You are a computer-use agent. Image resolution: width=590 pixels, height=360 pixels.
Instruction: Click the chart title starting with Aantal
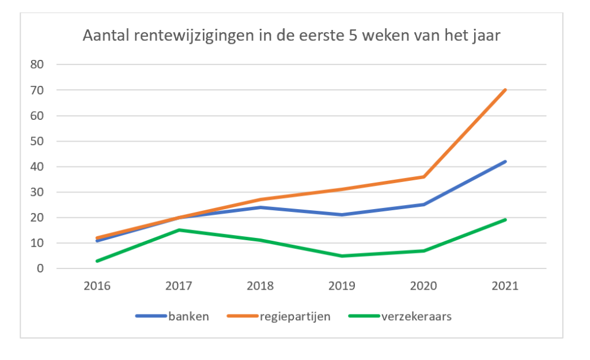click(x=292, y=36)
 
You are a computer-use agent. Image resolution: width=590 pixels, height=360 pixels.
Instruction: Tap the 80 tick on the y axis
click(x=38, y=65)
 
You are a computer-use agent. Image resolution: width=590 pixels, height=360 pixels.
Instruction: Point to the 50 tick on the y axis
click(x=38, y=141)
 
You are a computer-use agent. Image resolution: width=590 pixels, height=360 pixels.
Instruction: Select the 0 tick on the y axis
click(x=41, y=268)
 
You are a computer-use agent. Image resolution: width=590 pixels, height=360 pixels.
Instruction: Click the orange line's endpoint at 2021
click(x=505, y=90)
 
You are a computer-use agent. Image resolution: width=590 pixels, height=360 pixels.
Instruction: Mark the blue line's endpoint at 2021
click(x=505, y=161)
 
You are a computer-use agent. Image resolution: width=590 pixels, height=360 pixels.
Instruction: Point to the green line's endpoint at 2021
click(x=505, y=219)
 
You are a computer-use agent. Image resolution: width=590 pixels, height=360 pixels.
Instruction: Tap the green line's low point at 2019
click(x=342, y=256)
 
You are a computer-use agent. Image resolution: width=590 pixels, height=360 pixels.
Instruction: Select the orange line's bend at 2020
click(x=424, y=177)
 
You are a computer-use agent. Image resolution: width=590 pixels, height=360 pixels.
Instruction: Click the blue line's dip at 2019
click(x=342, y=215)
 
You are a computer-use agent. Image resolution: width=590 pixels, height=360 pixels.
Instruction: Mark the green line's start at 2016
click(x=97, y=261)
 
